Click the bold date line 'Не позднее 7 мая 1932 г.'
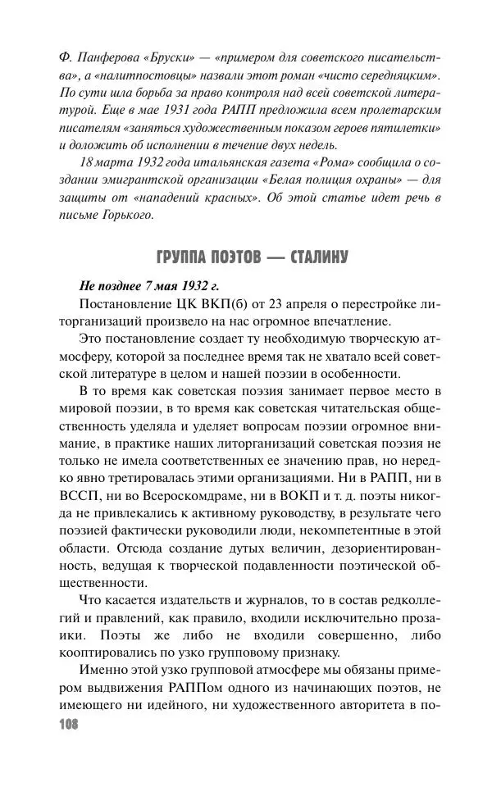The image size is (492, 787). [x=148, y=286]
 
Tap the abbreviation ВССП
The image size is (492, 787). [x=80, y=497]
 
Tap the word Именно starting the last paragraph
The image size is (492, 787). [x=102, y=674]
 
